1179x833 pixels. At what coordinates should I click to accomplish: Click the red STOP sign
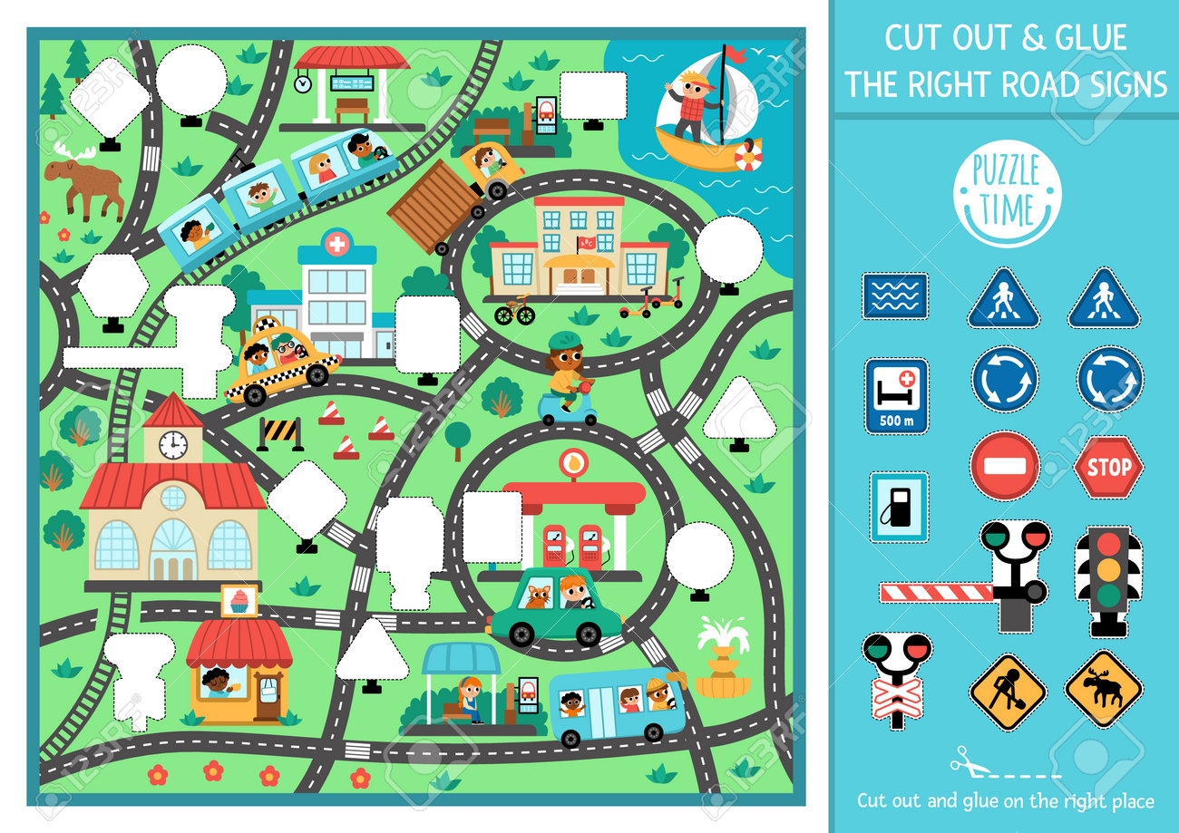pyautogui.click(x=1108, y=468)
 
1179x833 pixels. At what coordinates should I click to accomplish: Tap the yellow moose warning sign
pyautogui.click(x=1103, y=689)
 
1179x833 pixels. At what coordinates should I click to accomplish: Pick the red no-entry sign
pyautogui.click(x=1004, y=467)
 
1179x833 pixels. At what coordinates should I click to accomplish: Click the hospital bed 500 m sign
pyautogui.click(x=896, y=395)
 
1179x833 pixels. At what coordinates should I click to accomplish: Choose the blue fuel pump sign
pyautogui.click(x=899, y=507)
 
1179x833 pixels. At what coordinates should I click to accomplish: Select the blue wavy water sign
pyautogui.click(x=894, y=296)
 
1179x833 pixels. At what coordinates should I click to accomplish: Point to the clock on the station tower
pyautogui.click(x=172, y=444)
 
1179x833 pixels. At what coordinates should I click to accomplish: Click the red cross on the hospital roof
pyautogui.click(x=336, y=244)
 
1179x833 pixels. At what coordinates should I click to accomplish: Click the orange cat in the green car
pyautogui.click(x=539, y=597)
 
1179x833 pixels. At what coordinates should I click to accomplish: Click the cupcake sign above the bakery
pyautogui.click(x=239, y=601)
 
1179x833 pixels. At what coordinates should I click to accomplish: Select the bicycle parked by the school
pyautogui.click(x=514, y=313)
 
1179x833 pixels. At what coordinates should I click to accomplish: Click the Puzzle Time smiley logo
pyautogui.click(x=1007, y=200)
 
